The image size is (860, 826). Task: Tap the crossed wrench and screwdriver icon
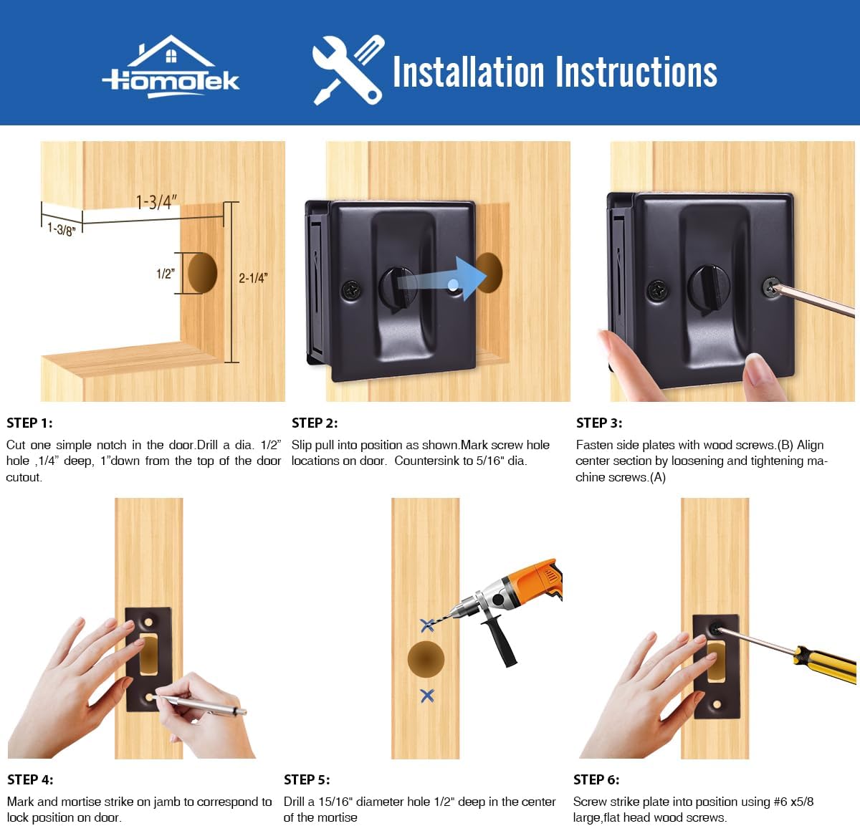(x=348, y=69)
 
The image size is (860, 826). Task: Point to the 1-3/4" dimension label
(x=156, y=202)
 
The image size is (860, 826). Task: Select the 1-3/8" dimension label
(x=62, y=229)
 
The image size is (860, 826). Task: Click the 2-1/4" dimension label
(x=253, y=278)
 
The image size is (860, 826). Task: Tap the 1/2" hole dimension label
(x=166, y=274)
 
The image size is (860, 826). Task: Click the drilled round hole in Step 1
(x=202, y=273)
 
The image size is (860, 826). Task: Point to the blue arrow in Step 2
(x=442, y=279)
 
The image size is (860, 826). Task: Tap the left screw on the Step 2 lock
(x=351, y=289)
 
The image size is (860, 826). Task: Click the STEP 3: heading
(x=599, y=423)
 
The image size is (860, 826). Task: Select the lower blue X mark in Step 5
(x=427, y=696)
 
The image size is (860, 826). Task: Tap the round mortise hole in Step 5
(x=426, y=660)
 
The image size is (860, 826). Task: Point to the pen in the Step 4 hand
(x=199, y=704)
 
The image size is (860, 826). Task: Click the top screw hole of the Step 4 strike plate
(x=148, y=623)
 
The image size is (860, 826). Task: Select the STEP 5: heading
(x=307, y=779)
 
